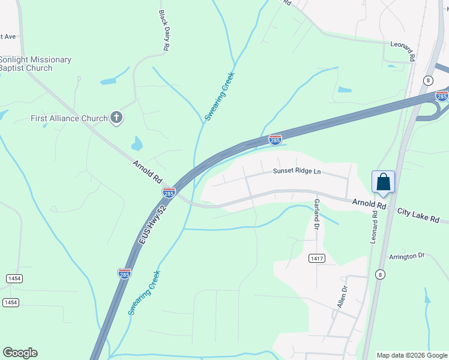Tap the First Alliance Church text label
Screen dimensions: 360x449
click(68, 118)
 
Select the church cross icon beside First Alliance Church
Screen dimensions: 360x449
click(116, 118)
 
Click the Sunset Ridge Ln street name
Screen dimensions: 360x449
click(297, 172)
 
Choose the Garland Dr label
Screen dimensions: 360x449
click(316, 214)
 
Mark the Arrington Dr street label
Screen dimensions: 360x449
click(406, 256)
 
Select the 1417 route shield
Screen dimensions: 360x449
click(317, 258)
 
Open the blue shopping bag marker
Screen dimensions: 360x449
click(383, 182)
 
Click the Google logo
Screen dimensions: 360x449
click(20, 353)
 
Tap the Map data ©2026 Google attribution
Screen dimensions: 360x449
click(411, 355)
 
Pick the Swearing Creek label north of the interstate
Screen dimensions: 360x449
click(219, 96)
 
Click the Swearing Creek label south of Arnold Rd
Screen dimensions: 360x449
click(144, 293)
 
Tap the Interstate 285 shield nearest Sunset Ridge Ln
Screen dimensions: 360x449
click(276, 140)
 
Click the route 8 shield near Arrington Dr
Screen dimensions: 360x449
click(380, 274)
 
